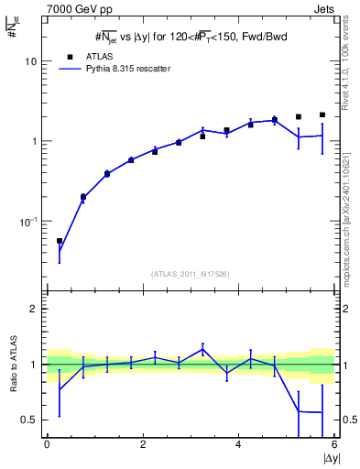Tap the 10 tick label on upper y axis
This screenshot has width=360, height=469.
coord(32,61)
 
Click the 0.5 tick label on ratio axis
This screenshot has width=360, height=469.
coord(29,420)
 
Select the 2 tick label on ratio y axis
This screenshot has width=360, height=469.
coord(33,309)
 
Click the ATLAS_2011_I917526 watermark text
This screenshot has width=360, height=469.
coord(191,274)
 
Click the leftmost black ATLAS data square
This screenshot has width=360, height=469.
coord(60,241)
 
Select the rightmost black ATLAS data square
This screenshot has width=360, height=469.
coord(322,115)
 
